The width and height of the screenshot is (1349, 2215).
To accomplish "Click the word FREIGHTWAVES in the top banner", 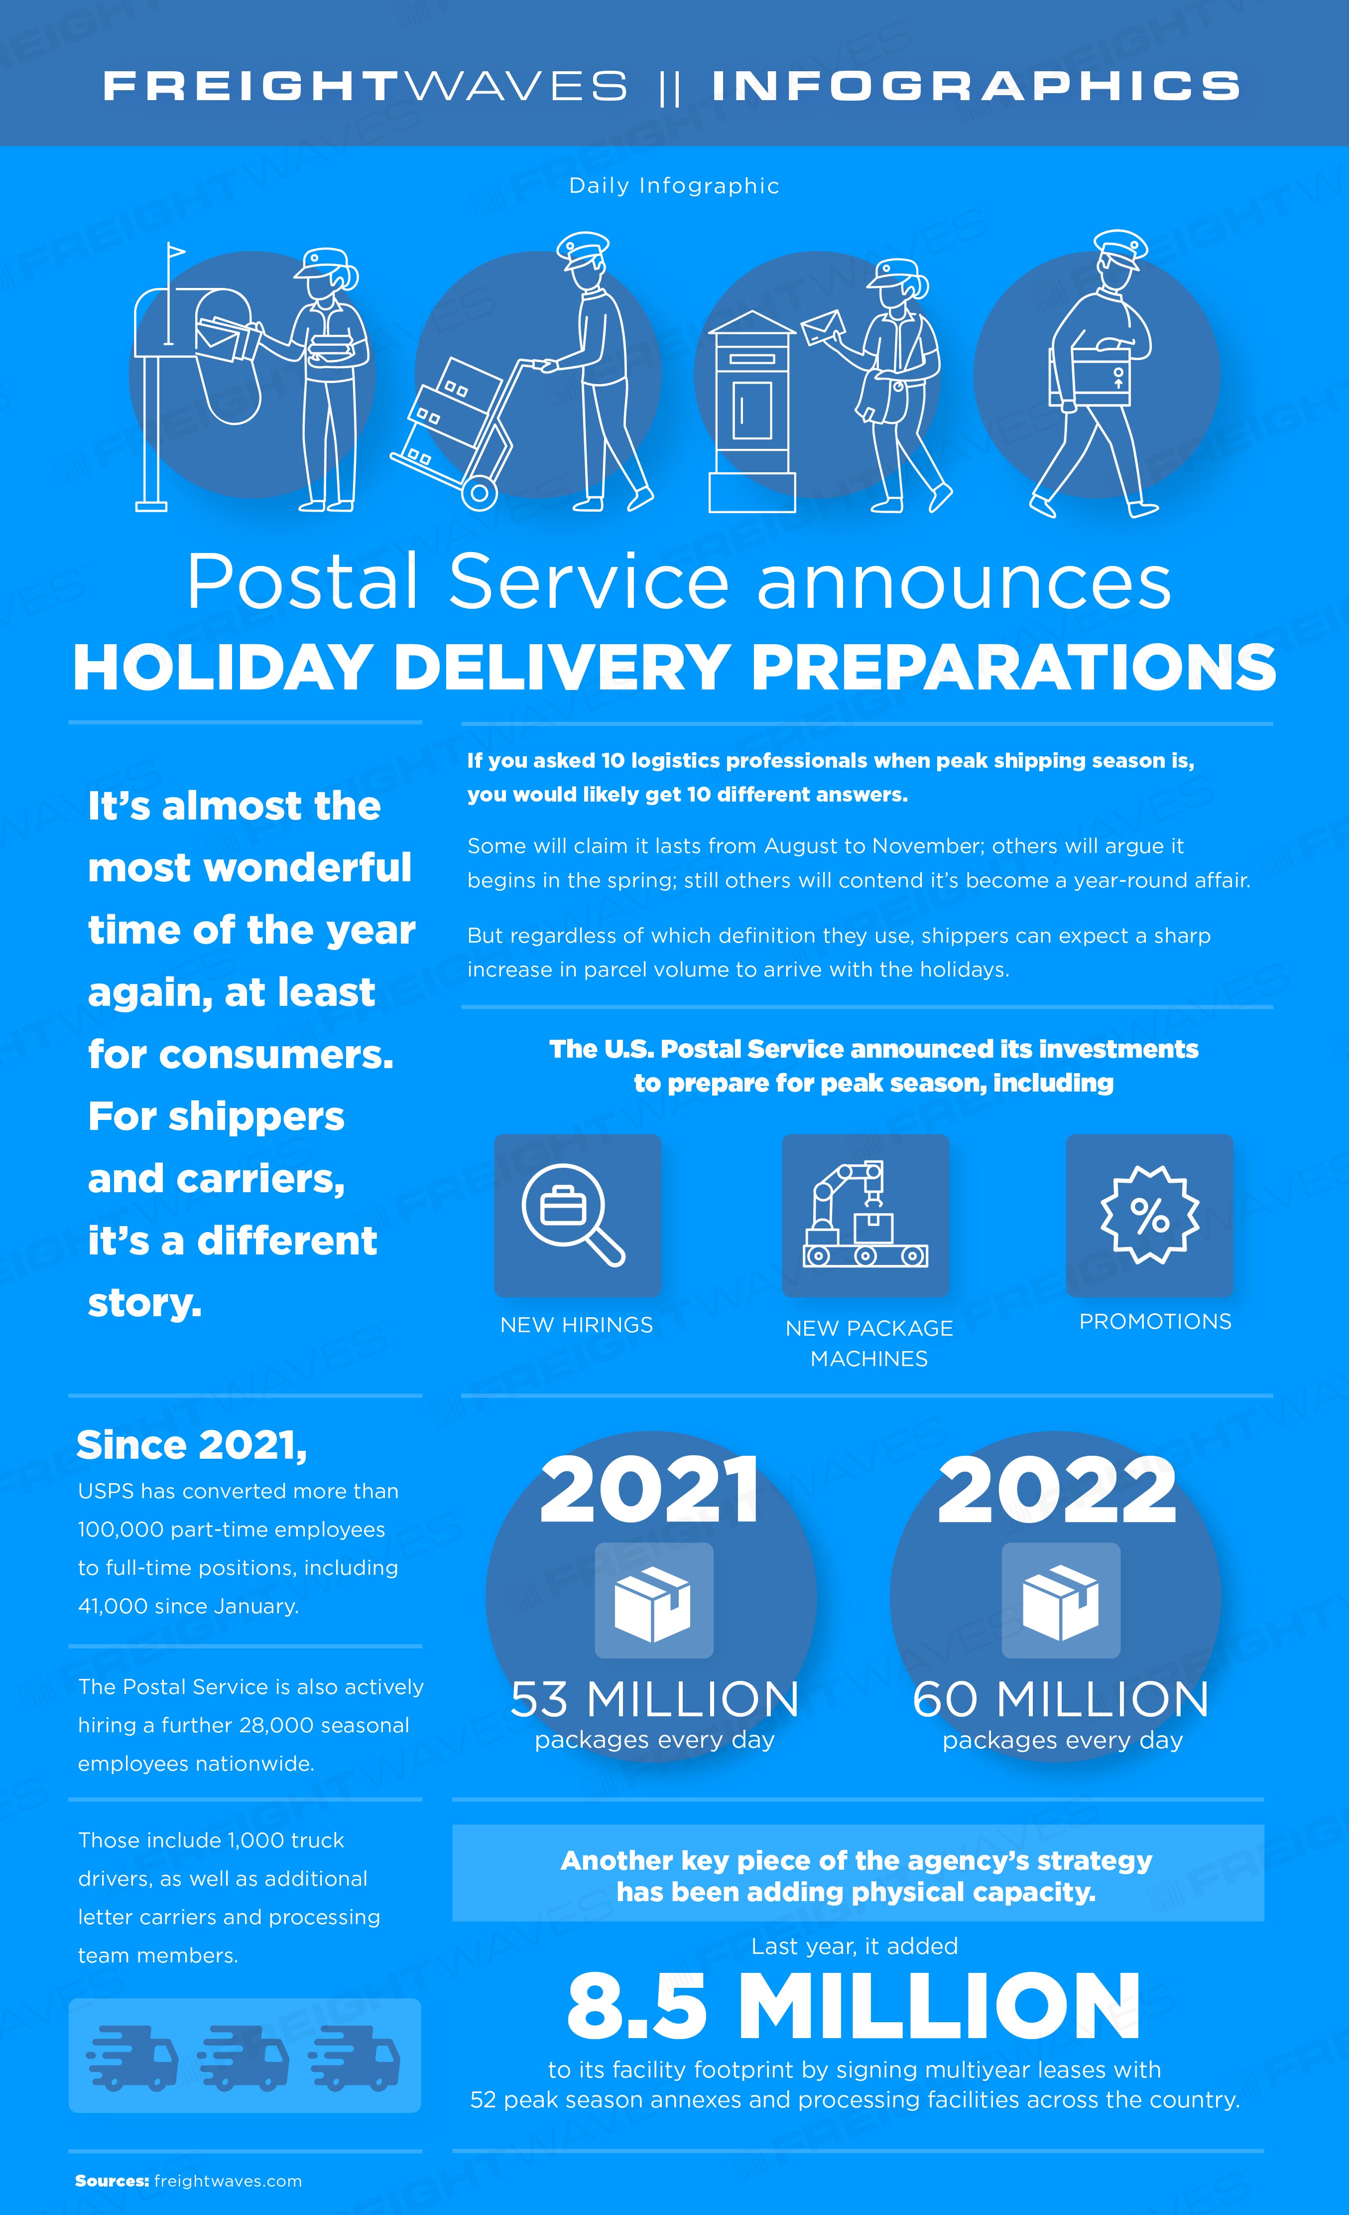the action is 365,86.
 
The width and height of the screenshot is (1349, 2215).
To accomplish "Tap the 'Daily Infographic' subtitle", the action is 674,186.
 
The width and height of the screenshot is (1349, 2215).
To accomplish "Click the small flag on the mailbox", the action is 175,252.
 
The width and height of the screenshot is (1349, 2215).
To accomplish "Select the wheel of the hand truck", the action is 479,492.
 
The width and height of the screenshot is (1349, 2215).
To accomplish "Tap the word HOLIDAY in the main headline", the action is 223,668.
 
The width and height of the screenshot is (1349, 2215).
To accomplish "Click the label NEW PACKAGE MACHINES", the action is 869,1343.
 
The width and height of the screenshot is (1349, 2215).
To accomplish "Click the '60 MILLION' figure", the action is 1061,1699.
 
